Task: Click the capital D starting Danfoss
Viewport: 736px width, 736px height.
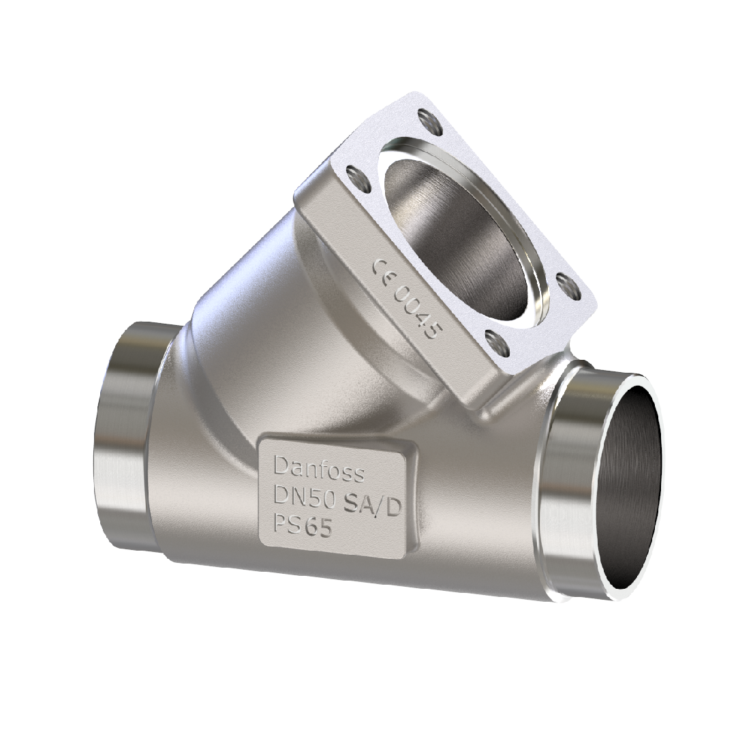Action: tap(280, 466)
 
